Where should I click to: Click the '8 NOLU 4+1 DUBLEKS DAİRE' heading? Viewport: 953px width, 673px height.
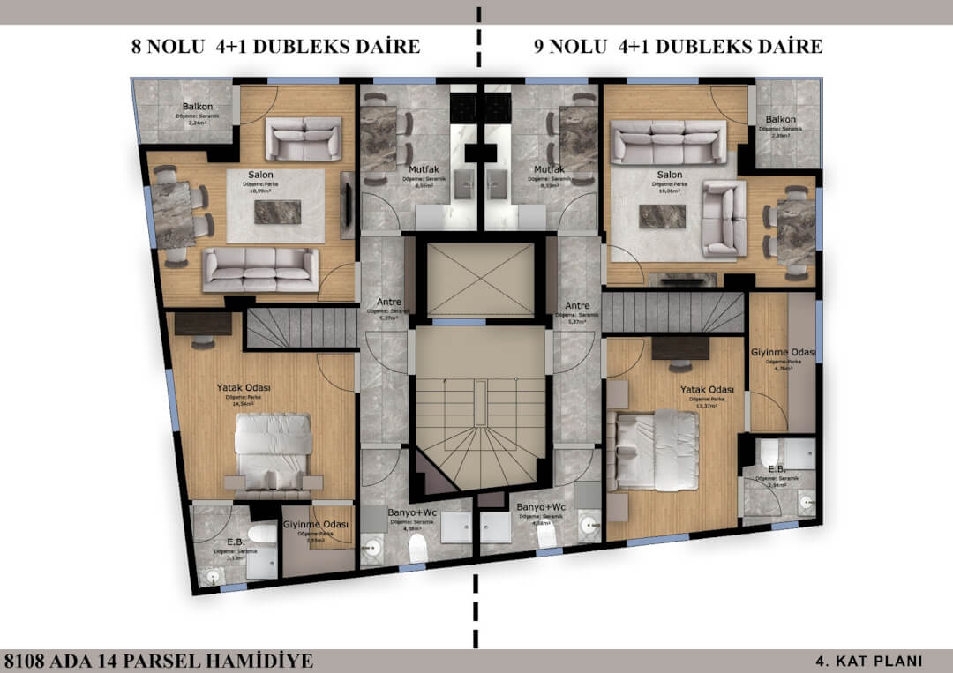275,47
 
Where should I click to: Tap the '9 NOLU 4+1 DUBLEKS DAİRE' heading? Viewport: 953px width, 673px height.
678,47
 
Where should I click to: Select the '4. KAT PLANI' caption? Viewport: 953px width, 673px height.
868,661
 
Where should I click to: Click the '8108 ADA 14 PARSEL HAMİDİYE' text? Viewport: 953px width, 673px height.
158,661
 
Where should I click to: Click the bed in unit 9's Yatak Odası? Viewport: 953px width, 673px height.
657,449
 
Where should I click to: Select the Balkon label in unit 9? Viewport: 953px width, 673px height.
781,119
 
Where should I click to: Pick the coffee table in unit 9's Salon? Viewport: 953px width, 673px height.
662,215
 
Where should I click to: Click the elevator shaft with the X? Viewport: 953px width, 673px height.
481,279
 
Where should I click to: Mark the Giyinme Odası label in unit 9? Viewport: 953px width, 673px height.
784,353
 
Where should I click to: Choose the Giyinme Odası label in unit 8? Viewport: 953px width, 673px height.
315,524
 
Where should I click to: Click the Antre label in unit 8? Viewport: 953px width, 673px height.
388,303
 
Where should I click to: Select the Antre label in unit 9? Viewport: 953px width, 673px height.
577,306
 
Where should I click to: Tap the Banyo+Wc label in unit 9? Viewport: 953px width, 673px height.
540,508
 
